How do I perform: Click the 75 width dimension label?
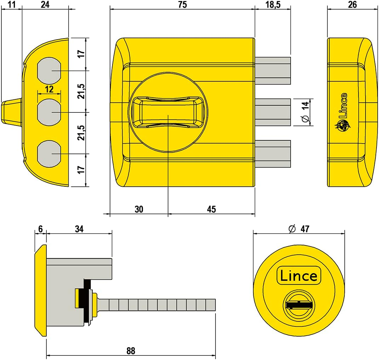point(182,5)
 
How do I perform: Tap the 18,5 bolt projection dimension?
point(272,5)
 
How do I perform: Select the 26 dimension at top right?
point(353,5)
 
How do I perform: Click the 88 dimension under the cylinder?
point(131,351)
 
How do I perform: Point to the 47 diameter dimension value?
point(305,229)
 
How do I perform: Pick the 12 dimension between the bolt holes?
point(49,89)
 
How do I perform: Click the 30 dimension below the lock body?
point(139,209)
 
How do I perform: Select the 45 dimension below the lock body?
point(211,209)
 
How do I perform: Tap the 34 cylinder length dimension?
point(79,229)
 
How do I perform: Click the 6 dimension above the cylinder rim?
point(40,229)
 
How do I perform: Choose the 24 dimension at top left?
point(45,5)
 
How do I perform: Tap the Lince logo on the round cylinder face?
point(298,275)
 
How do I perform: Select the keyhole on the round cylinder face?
point(298,304)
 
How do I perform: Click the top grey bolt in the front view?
point(272,70)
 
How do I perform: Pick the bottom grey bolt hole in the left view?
point(49,153)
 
